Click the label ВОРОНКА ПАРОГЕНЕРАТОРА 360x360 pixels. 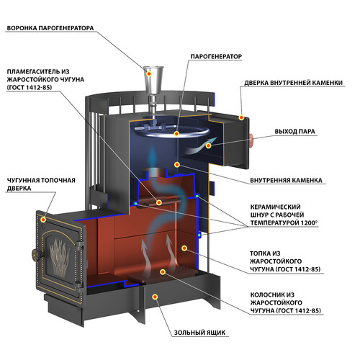50,28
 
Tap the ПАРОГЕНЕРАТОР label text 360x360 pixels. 216,56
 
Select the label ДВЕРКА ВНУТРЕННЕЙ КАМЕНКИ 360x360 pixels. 294,83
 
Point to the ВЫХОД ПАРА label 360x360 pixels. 294,132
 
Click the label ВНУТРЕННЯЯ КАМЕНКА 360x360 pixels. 286,180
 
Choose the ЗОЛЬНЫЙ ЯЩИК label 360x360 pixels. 199,333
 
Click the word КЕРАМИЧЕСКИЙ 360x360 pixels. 275,207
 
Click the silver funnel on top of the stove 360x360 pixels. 153,81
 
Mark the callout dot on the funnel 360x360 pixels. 149,73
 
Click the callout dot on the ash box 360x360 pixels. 155,297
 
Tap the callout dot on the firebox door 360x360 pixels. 43,220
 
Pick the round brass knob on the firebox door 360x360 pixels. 35,255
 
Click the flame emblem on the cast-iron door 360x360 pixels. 59,257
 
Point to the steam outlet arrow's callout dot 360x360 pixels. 208,145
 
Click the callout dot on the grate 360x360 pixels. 163,271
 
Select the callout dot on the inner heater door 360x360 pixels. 241,117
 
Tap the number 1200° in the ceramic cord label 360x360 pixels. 310,222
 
